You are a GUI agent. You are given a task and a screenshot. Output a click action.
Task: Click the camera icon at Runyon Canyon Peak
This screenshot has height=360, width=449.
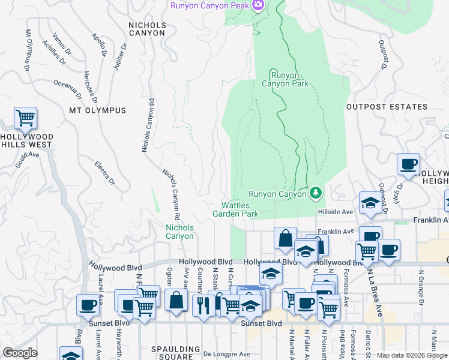coord(259,5)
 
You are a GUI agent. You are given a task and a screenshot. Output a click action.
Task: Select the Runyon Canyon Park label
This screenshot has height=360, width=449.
coord(289,79)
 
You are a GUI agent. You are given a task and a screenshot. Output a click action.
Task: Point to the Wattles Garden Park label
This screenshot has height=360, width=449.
coord(235,209)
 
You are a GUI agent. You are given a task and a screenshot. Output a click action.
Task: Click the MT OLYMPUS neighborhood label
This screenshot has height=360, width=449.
coord(97,110)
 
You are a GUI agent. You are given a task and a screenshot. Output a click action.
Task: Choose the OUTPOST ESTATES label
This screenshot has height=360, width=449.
coord(387,107)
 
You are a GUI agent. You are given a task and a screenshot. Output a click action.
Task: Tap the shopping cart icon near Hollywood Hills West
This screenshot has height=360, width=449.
coord(25,118)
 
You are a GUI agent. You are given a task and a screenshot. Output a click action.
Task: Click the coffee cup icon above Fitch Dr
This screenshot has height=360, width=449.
coord(408,164)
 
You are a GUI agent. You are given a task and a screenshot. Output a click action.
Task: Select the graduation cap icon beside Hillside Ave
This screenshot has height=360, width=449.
coord(370,203)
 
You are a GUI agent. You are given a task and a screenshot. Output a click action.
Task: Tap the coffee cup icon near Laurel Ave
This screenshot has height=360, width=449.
coord(88,305)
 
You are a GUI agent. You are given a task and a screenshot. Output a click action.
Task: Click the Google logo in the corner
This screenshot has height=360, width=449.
coord(20,353)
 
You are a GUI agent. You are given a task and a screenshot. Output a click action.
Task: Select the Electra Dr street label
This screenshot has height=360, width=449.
coord(104,172)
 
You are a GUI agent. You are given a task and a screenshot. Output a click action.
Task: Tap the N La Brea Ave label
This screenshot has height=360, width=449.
coord(373,292)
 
